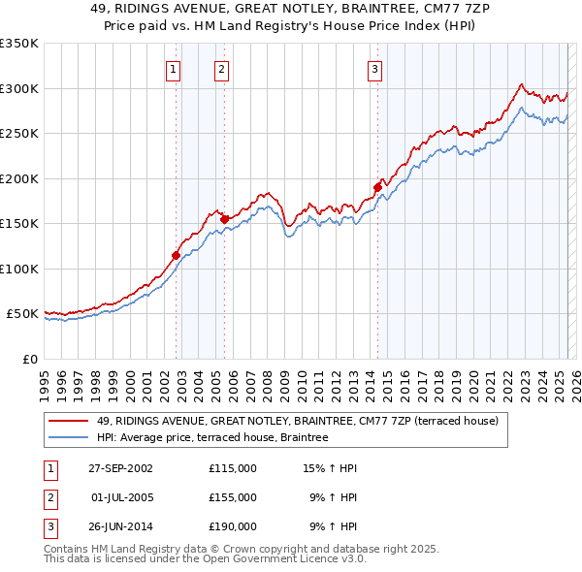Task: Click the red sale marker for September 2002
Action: tap(177, 255)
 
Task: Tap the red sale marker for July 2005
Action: tap(224, 219)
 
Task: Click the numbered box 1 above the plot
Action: tap(173, 69)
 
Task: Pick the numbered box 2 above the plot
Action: tap(221, 69)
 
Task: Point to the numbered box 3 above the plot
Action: tap(374, 69)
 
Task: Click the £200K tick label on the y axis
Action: tap(18, 178)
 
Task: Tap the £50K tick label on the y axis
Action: tap(22, 314)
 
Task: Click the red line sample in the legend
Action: tap(68, 422)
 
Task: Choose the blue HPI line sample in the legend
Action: tap(68, 438)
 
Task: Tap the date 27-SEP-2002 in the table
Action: tap(120, 468)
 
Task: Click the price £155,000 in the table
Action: tap(233, 497)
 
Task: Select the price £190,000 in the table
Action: tap(233, 526)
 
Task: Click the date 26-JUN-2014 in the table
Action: tap(120, 526)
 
